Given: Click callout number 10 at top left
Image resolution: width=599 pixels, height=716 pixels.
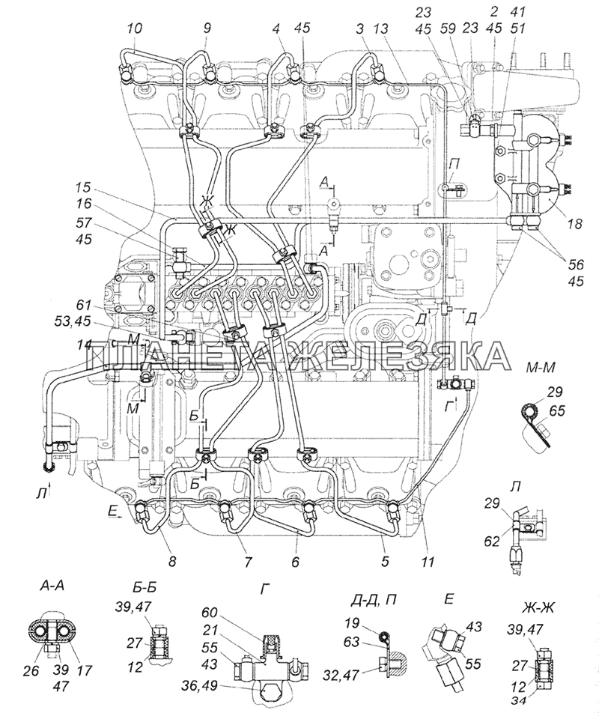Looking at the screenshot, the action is click(x=135, y=28).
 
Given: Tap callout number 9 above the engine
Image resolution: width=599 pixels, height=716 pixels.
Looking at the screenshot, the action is click(x=207, y=28).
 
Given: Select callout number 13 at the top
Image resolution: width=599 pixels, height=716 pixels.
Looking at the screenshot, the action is click(x=380, y=28).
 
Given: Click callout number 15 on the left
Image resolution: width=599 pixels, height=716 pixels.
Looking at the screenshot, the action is click(x=84, y=188).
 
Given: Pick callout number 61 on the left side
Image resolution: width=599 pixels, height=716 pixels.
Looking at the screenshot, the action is click(x=84, y=306).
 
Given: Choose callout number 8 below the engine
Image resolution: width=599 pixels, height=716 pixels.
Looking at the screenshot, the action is click(x=171, y=561).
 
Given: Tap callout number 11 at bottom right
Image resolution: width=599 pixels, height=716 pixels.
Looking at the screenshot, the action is click(x=428, y=561).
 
